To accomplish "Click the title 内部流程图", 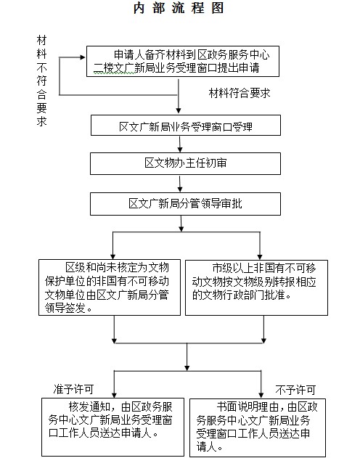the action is pyautogui.click(x=179, y=8).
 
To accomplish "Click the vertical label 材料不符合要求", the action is pyautogui.click(x=42, y=81).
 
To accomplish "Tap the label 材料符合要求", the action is pyautogui.click(x=240, y=93).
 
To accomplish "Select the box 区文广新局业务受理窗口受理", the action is pyautogui.click(x=186, y=125).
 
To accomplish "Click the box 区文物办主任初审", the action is pyautogui.click(x=185, y=163).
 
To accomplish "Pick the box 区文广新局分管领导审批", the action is pyautogui.click(x=185, y=204).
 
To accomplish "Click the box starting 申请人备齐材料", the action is pyautogui.click(x=183, y=62).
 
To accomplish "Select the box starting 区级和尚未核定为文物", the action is pyautogui.click(x=110, y=287).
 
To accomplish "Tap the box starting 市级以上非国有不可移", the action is pyautogui.click(x=256, y=287).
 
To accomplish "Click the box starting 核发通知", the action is pyautogui.click(x=112, y=427).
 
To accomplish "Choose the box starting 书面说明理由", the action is pyautogui.click(x=258, y=428).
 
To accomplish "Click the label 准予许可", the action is pyautogui.click(x=73, y=389).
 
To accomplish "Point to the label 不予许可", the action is pyautogui.click(x=295, y=390).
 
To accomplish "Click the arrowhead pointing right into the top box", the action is pyautogui.click(x=83, y=57).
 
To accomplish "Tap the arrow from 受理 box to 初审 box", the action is pyautogui.click(x=180, y=144).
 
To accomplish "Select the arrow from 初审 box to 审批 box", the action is pyautogui.click(x=180, y=184).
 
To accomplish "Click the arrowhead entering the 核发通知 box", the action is pyautogui.click(x=114, y=395).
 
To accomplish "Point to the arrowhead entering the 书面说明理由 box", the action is pyautogui.click(x=261, y=396).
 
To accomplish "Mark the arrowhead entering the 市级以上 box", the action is pyautogui.click(x=260, y=257).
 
